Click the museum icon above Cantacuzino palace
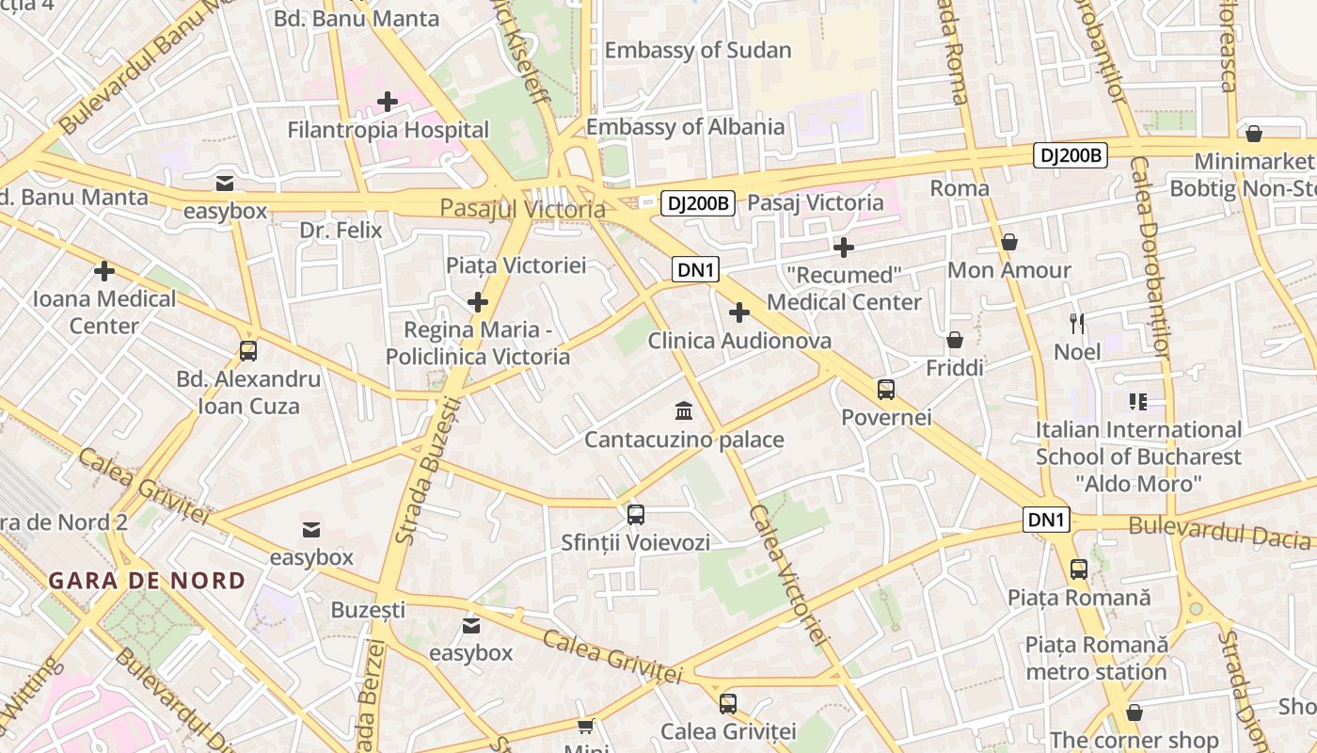684,411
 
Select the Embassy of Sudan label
697,50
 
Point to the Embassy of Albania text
685,127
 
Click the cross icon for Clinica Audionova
739,312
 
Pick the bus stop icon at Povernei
885,389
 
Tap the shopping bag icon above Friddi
955,340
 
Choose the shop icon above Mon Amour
1009,242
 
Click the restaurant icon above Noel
1077,324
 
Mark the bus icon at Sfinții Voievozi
636,514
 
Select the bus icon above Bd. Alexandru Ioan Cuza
248,351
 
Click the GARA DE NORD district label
147,581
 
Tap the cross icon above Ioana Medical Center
104,271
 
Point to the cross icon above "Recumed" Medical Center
844,248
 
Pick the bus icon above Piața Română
1079,569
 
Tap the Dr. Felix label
341,230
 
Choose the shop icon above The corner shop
1135,713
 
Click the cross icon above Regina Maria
478,302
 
